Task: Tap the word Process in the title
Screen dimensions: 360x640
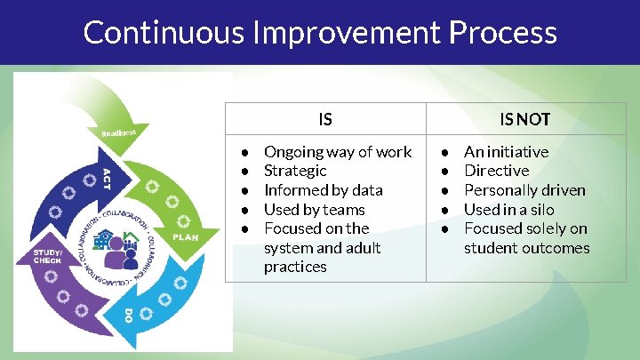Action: click(x=503, y=33)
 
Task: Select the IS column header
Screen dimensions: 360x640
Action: click(x=325, y=118)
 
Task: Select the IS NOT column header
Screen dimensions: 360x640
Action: click(x=524, y=118)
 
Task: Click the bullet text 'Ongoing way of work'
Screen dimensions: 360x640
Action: click(x=338, y=152)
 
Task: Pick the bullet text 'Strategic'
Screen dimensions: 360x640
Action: click(x=295, y=171)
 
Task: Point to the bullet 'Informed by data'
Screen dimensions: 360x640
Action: click(x=324, y=190)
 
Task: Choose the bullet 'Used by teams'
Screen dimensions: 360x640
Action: click(x=315, y=210)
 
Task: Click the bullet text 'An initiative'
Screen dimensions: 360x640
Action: click(x=507, y=152)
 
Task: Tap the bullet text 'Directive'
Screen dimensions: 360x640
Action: click(x=496, y=171)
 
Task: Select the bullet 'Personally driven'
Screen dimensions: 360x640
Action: click(x=524, y=190)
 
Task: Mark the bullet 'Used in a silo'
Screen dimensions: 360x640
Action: click(x=508, y=210)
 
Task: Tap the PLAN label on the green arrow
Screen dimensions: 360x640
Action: click(x=185, y=237)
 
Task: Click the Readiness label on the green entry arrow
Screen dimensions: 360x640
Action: click(x=118, y=132)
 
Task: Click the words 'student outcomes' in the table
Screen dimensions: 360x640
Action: click(x=526, y=248)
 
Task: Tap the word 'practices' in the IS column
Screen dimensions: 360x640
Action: click(x=295, y=267)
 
